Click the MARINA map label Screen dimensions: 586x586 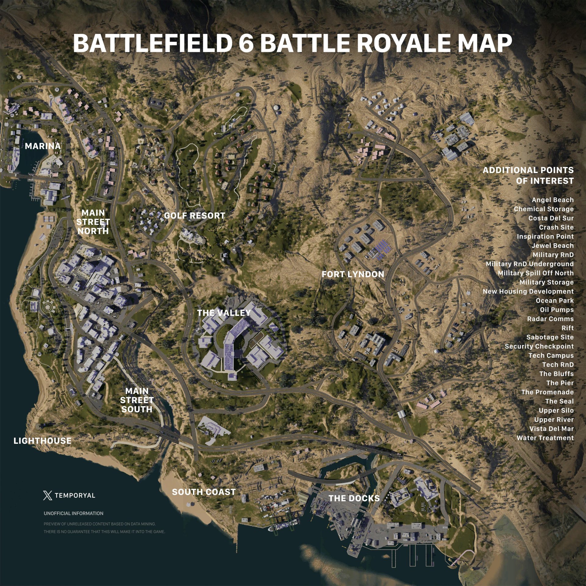(x=43, y=146)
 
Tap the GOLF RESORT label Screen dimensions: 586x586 (x=194, y=216)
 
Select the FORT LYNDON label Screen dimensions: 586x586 (x=353, y=274)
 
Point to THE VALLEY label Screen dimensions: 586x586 (x=224, y=313)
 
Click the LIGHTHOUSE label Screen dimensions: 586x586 (x=42, y=440)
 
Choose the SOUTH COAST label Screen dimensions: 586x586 (x=204, y=492)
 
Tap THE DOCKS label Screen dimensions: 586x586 (x=354, y=498)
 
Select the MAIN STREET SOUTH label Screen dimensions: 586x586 (x=137, y=400)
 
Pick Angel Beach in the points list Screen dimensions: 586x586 (x=552, y=200)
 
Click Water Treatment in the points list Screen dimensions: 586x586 (x=545, y=438)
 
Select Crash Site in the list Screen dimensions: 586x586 (x=556, y=227)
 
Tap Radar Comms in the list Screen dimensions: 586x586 (x=550, y=319)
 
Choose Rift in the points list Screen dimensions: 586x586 (x=567, y=328)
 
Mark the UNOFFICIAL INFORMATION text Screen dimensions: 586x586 (x=74, y=513)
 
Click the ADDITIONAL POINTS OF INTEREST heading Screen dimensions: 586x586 (x=528, y=175)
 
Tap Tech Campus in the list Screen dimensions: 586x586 (x=551, y=356)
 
